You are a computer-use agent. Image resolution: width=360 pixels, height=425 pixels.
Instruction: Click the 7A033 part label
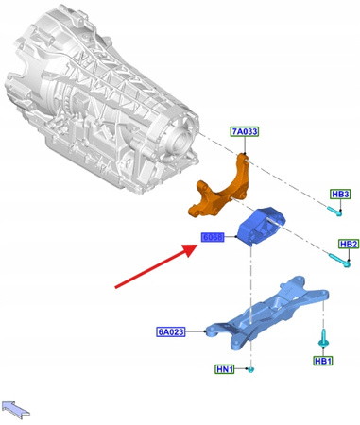pos(244,132)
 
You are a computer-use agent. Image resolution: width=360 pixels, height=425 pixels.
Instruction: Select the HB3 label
pos(340,195)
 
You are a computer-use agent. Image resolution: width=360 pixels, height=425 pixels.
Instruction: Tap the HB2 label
pos(349,244)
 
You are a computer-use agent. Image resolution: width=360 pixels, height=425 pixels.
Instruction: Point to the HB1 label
pos(323,361)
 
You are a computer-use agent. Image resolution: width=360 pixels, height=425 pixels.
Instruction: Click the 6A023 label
pos(173,331)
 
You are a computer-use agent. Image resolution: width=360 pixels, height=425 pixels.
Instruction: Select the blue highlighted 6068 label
pos(213,237)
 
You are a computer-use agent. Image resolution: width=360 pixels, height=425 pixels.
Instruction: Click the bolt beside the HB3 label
pos(336,212)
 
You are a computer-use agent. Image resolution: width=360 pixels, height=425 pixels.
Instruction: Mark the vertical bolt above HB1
pos(321,336)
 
